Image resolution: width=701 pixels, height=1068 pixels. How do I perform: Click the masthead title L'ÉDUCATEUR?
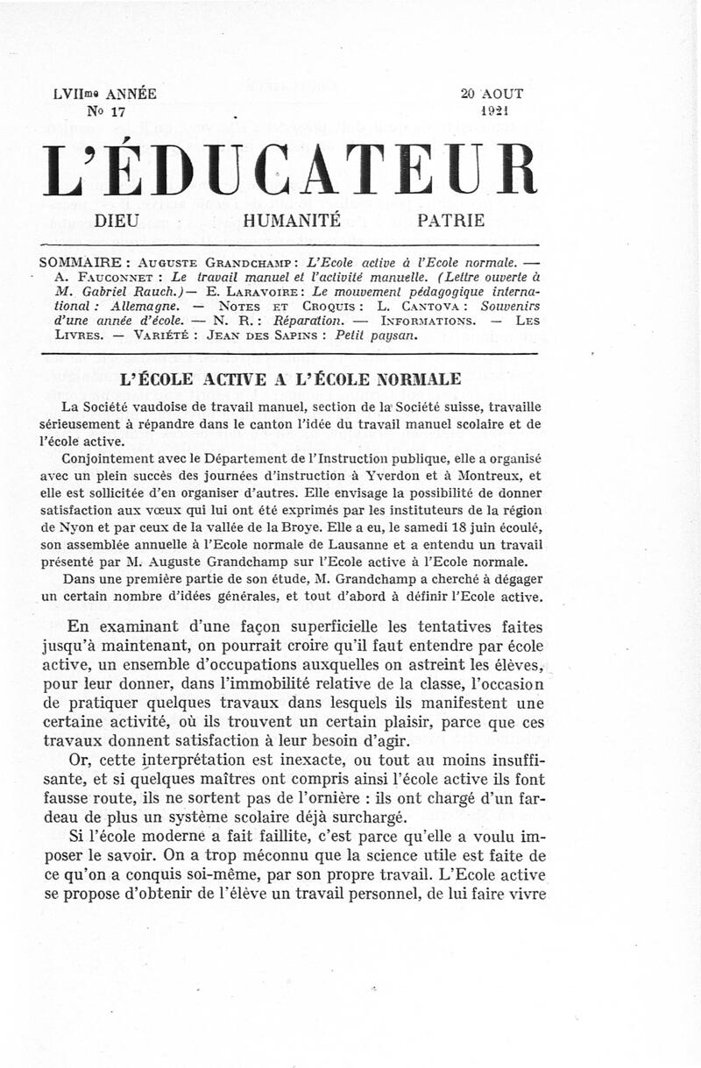coord(289,170)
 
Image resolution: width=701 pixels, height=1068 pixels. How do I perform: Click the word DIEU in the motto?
coord(117,222)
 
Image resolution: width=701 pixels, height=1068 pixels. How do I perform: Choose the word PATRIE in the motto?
coord(451,222)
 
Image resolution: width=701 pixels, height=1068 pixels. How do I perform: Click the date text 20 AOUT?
coord(492,94)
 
